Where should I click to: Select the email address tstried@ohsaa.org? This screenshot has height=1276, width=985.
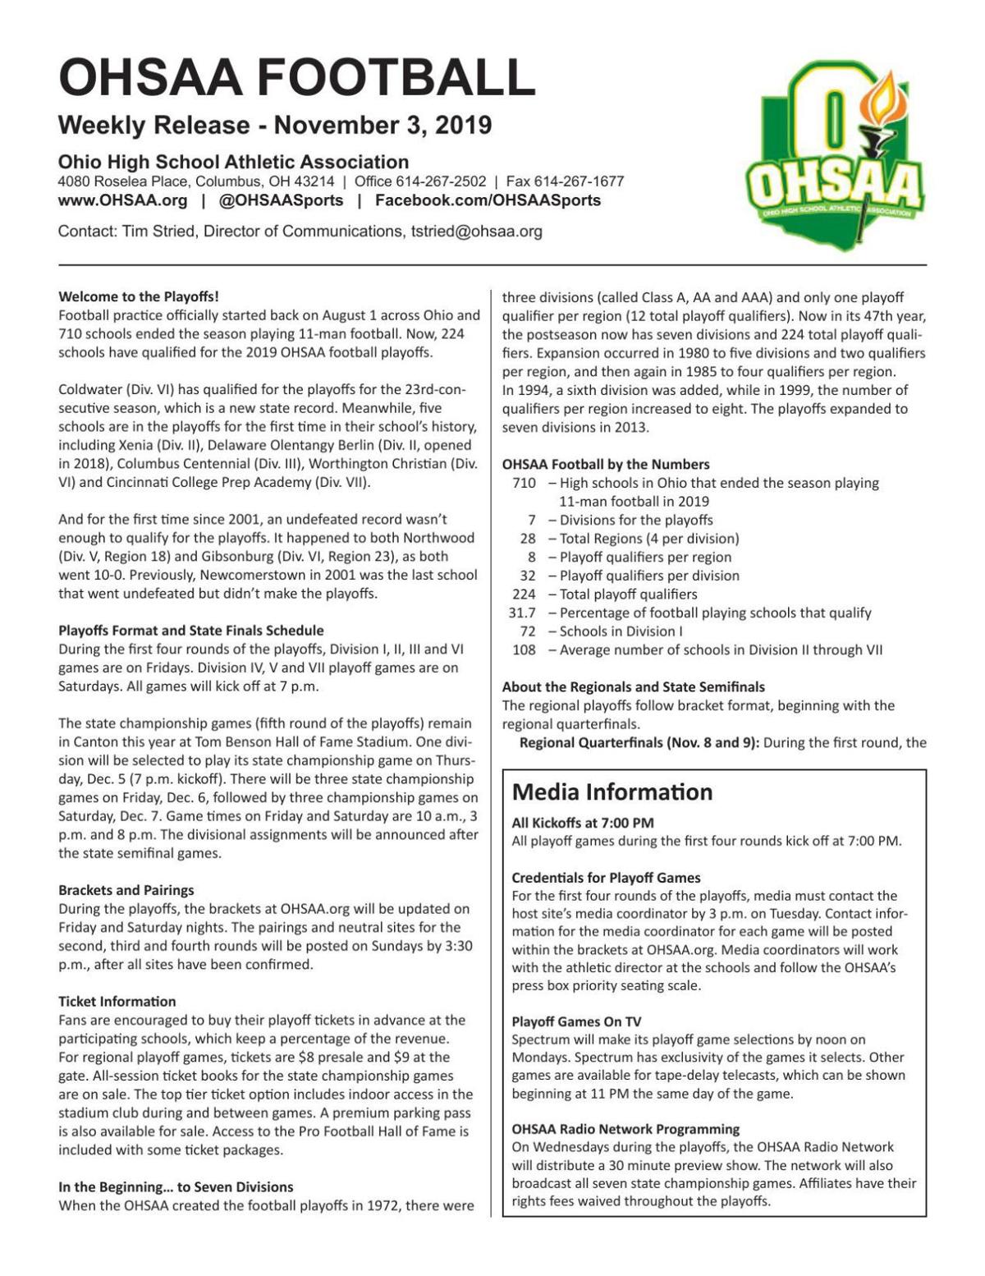tap(471, 232)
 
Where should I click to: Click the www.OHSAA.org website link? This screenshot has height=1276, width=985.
tap(122, 201)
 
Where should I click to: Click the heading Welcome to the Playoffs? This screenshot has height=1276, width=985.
tap(139, 296)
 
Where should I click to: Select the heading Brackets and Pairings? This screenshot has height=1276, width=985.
tap(126, 890)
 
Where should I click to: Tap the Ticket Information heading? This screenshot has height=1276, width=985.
tap(117, 1002)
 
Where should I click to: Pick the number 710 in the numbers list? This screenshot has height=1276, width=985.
tap(525, 483)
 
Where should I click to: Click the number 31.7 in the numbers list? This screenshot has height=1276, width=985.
tap(523, 613)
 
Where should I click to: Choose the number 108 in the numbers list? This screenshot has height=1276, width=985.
tap(525, 649)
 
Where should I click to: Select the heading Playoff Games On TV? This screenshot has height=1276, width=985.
tap(576, 1022)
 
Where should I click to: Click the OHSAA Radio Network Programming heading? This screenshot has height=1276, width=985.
tap(625, 1129)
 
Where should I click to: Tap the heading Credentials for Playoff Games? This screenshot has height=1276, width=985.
tap(606, 878)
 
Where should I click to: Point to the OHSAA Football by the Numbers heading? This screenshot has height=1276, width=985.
tap(606, 464)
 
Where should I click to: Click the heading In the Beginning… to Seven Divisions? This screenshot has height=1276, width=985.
tap(176, 1187)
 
